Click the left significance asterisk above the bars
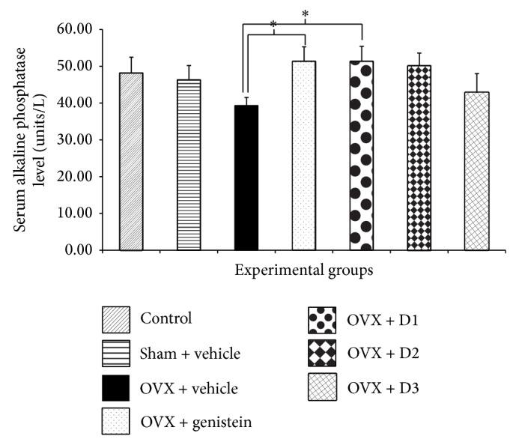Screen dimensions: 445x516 [x=273, y=25]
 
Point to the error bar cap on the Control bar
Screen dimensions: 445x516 [x=131, y=57]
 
